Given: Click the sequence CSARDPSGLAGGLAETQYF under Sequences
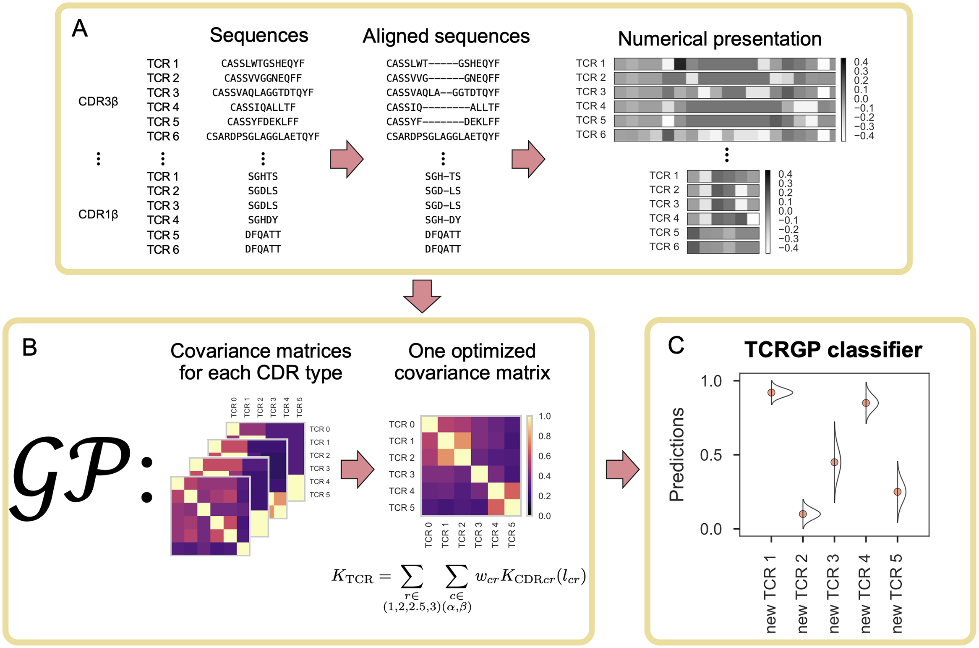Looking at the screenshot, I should click(x=263, y=136).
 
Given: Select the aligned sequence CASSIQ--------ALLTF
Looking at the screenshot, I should click(x=443, y=108).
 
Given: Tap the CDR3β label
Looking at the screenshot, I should click(x=98, y=102).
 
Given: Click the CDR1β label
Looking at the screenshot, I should click(x=98, y=215).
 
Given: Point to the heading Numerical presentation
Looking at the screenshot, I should click(x=719, y=39).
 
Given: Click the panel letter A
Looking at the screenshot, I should click(x=80, y=29).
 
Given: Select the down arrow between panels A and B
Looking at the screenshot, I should click(x=422, y=296).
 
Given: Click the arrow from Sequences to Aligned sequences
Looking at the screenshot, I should click(x=346, y=159).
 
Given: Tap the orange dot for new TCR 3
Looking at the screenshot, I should click(x=834, y=462).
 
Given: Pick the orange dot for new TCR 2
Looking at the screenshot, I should click(x=803, y=514).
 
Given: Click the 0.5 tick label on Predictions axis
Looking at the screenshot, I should click(x=710, y=455).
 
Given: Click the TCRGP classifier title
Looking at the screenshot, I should click(x=833, y=350).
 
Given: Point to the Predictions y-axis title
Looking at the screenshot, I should click(x=676, y=454).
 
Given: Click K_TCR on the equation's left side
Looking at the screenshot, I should click(x=352, y=576).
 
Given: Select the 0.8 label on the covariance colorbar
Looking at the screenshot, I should click(x=544, y=436).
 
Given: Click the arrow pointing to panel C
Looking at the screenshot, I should click(x=622, y=469).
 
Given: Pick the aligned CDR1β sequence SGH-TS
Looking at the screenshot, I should click(x=443, y=176).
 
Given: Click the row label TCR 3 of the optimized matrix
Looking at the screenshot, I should click(x=401, y=474).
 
